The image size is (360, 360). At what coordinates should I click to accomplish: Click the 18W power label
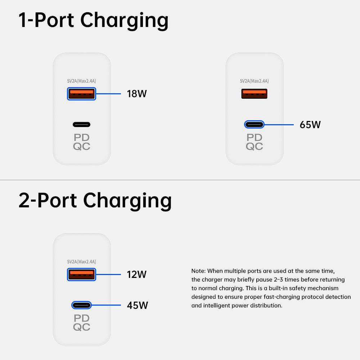[x=137, y=94]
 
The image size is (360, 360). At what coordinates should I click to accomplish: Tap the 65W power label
[x=310, y=125]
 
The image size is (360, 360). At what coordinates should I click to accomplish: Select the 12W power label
[x=136, y=275]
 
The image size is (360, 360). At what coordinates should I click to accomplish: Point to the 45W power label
[x=137, y=306]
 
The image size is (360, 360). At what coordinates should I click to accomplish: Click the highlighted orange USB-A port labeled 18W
[x=81, y=94]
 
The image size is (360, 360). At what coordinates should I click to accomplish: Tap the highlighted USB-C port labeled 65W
[x=254, y=125]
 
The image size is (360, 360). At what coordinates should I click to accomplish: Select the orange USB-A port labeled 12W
[x=81, y=275]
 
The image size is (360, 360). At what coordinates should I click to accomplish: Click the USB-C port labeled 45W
[x=81, y=305]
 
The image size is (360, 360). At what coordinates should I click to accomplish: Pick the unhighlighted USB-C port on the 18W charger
[x=81, y=125]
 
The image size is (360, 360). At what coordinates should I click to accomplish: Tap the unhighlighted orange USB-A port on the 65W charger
[x=254, y=94]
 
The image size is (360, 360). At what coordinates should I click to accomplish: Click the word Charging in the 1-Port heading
[x=124, y=21]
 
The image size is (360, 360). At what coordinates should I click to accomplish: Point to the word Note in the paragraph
[x=198, y=271]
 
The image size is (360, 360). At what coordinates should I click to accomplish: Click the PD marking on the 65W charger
[x=254, y=138]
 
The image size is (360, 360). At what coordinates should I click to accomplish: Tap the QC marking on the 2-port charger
[x=81, y=327]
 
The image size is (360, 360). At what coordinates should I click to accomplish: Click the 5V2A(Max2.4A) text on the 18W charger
[x=81, y=81]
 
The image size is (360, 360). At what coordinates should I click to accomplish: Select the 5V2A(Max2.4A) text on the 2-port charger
[x=81, y=262]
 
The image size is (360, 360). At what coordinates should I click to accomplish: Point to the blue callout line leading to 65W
[x=279, y=125]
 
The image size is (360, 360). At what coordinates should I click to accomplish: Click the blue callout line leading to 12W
[x=108, y=275]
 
